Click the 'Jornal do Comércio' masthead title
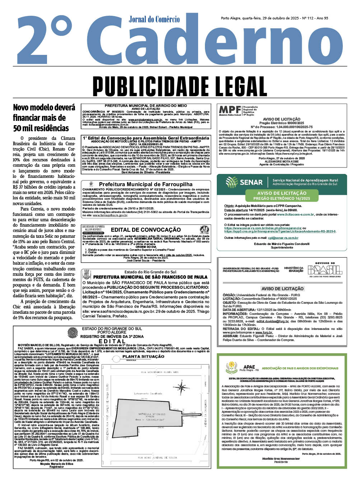[x=154, y=19]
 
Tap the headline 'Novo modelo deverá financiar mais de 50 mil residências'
[x=44, y=118]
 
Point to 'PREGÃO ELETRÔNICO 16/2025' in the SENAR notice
[x=281, y=198]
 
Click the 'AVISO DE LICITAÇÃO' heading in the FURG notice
[x=282, y=288]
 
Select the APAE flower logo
[x=232, y=367]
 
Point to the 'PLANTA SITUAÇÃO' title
[x=143, y=356]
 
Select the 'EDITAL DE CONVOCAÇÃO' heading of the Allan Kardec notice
[x=146, y=230]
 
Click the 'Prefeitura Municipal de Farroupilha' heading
[x=146, y=184]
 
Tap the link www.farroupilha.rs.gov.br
[x=110, y=215]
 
